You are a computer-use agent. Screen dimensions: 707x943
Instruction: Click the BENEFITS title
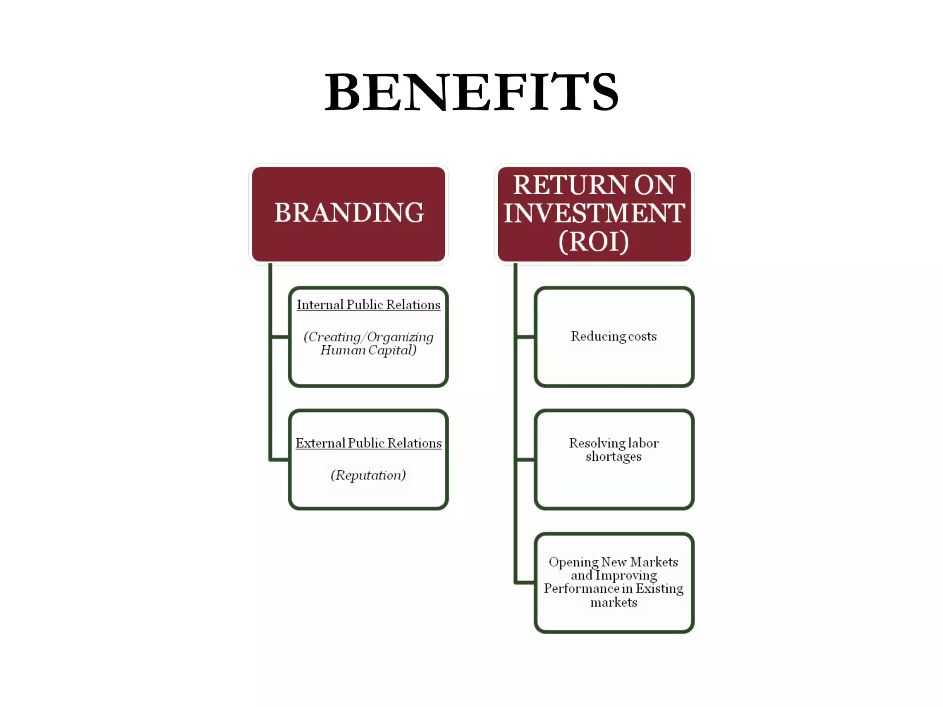[x=471, y=92]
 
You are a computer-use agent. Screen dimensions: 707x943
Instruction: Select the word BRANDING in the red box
[x=349, y=213]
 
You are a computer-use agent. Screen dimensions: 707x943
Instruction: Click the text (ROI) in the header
[x=594, y=241]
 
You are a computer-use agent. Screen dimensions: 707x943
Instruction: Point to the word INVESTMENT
[x=594, y=213]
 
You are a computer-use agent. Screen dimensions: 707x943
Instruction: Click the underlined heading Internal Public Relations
[x=368, y=305]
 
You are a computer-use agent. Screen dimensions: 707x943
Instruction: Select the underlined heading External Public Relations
[x=368, y=443]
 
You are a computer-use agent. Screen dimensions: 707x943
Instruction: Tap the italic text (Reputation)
[x=368, y=475]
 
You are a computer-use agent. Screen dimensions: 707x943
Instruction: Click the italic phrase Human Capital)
[x=368, y=350]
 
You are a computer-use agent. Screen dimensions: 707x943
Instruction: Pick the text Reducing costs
[x=614, y=336]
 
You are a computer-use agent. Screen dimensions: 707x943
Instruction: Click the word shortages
[x=614, y=457]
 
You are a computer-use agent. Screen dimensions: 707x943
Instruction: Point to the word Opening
[x=573, y=562]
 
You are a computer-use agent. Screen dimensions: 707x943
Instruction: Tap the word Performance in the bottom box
[x=581, y=589]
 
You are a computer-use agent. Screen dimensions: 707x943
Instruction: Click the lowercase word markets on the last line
[x=614, y=603]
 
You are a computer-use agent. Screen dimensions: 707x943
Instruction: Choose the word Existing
[x=660, y=589]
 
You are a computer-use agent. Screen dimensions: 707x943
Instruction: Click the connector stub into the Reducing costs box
[x=525, y=337]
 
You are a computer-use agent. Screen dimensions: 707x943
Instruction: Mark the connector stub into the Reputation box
[x=279, y=459]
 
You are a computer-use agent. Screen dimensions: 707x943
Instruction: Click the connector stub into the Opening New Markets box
[x=525, y=583]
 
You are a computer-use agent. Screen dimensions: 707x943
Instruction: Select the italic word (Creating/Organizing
[x=368, y=337]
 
